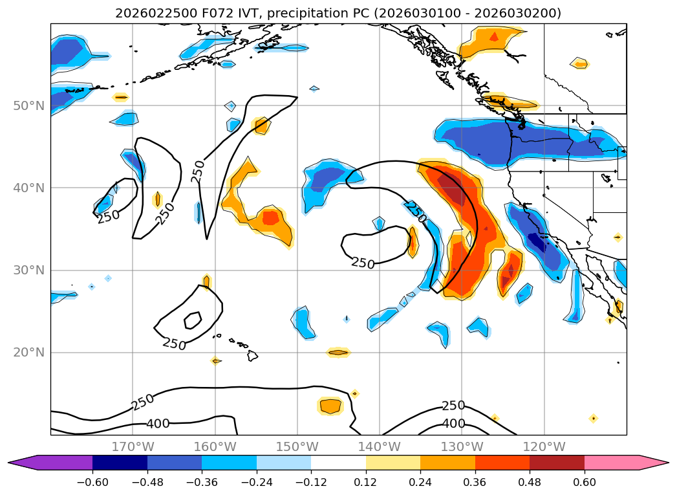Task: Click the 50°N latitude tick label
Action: (x=28, y=105)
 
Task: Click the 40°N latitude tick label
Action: (x=28, y=188)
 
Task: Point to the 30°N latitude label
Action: (x=28, y=270)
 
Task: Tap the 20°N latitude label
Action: (x=28, y=353)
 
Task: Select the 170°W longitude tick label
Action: (x=133, y=446)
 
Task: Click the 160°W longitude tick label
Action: (x=215, y=446)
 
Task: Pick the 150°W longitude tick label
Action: (x=297, y=446)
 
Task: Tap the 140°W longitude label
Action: (x=379, y=446)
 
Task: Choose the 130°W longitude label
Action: (x=461, y=446)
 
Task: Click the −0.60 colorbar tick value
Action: (x=92, y=482)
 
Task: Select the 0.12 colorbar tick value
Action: (x=366, y=482)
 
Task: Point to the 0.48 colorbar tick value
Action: (x=530, y=482)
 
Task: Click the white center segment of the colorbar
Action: (x=338, y=463)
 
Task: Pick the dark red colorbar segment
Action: (x=557, y=463)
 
